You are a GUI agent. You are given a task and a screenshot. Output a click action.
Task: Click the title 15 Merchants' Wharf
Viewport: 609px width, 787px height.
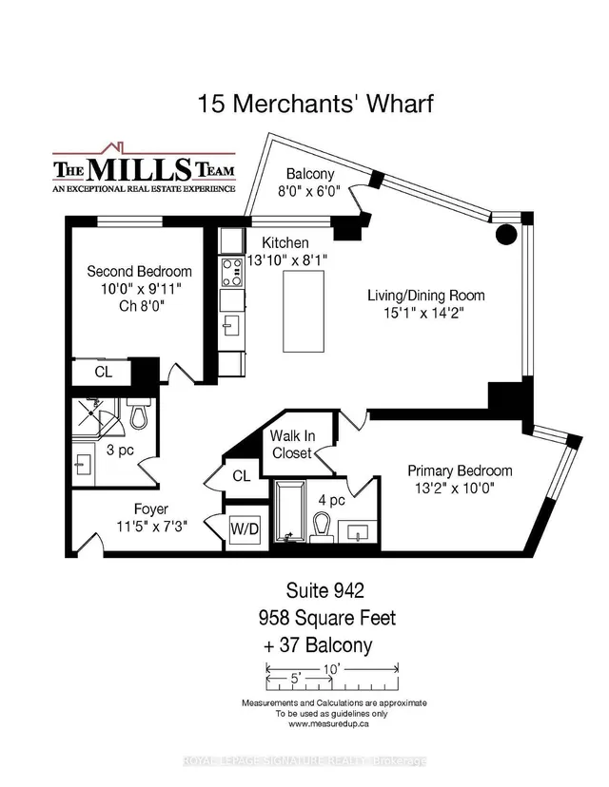click(x=315, y=104)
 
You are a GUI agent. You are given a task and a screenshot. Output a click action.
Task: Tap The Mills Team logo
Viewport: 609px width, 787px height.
click(x=144, y=169)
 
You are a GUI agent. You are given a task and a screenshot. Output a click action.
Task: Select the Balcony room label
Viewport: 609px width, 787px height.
click(x=310, y=174)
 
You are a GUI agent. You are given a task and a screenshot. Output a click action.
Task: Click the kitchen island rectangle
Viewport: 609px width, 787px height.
click(x=304, y=311)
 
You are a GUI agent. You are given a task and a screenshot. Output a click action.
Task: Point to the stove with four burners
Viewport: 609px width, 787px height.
click(x=232, y=273)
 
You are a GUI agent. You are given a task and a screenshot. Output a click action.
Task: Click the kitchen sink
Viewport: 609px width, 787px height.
click(x=232, y=325)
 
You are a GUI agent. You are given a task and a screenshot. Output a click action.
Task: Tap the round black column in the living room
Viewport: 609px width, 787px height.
click(x=506, y=235)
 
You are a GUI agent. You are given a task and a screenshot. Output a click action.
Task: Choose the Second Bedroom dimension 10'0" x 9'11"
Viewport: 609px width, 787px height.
click(x=141, y=289)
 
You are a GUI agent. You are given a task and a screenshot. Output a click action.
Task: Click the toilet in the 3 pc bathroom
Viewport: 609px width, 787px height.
click(x=140, y=413)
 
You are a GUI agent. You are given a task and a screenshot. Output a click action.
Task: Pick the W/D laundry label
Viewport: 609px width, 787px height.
click(x=245, y=529)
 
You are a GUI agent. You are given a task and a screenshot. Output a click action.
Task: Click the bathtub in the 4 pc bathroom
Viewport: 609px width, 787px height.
click(x=289, y=510)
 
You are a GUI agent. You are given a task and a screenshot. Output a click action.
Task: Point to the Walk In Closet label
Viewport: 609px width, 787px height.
click(x=292, y=444)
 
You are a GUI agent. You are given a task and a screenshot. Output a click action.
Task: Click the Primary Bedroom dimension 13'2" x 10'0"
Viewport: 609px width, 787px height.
click(x=455, y=488)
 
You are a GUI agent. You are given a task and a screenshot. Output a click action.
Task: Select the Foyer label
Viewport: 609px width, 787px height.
click(x=150, y=509)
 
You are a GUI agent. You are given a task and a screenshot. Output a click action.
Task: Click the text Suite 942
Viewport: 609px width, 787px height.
click(x=325, y=590)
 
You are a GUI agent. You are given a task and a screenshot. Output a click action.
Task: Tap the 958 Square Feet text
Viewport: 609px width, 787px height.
click(x=327, y=618)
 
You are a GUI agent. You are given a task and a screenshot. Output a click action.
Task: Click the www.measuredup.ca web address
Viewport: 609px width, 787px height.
click(x=328, y=723)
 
